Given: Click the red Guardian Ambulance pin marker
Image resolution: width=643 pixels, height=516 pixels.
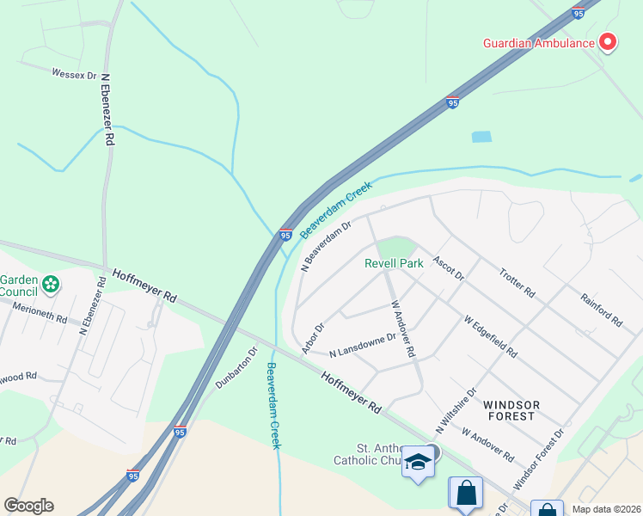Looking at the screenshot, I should (608, 41).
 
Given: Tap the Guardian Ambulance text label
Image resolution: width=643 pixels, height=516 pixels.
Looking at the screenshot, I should (539, 43).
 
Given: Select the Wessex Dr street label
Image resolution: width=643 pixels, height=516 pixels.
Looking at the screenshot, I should (74, 75).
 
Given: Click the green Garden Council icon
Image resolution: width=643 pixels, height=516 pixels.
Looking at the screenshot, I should (51, 283).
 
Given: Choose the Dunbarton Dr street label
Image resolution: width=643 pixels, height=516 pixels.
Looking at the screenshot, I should (236, 368).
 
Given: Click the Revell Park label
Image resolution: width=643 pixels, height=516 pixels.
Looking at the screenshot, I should (394, 263).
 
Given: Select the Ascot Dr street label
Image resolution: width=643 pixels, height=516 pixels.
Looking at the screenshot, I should (448, 268).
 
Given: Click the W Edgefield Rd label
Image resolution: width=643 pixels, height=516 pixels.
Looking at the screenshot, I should (491, 336).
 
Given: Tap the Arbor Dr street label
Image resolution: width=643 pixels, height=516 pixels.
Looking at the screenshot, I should (313, 338).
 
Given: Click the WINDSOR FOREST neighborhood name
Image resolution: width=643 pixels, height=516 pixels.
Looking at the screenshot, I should (511, 410).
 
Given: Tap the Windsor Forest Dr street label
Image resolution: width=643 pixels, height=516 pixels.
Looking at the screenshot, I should (537, 455).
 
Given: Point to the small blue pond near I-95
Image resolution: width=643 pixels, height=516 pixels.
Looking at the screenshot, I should (481, 137).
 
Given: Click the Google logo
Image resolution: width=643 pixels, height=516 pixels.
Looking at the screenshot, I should (28, 506).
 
